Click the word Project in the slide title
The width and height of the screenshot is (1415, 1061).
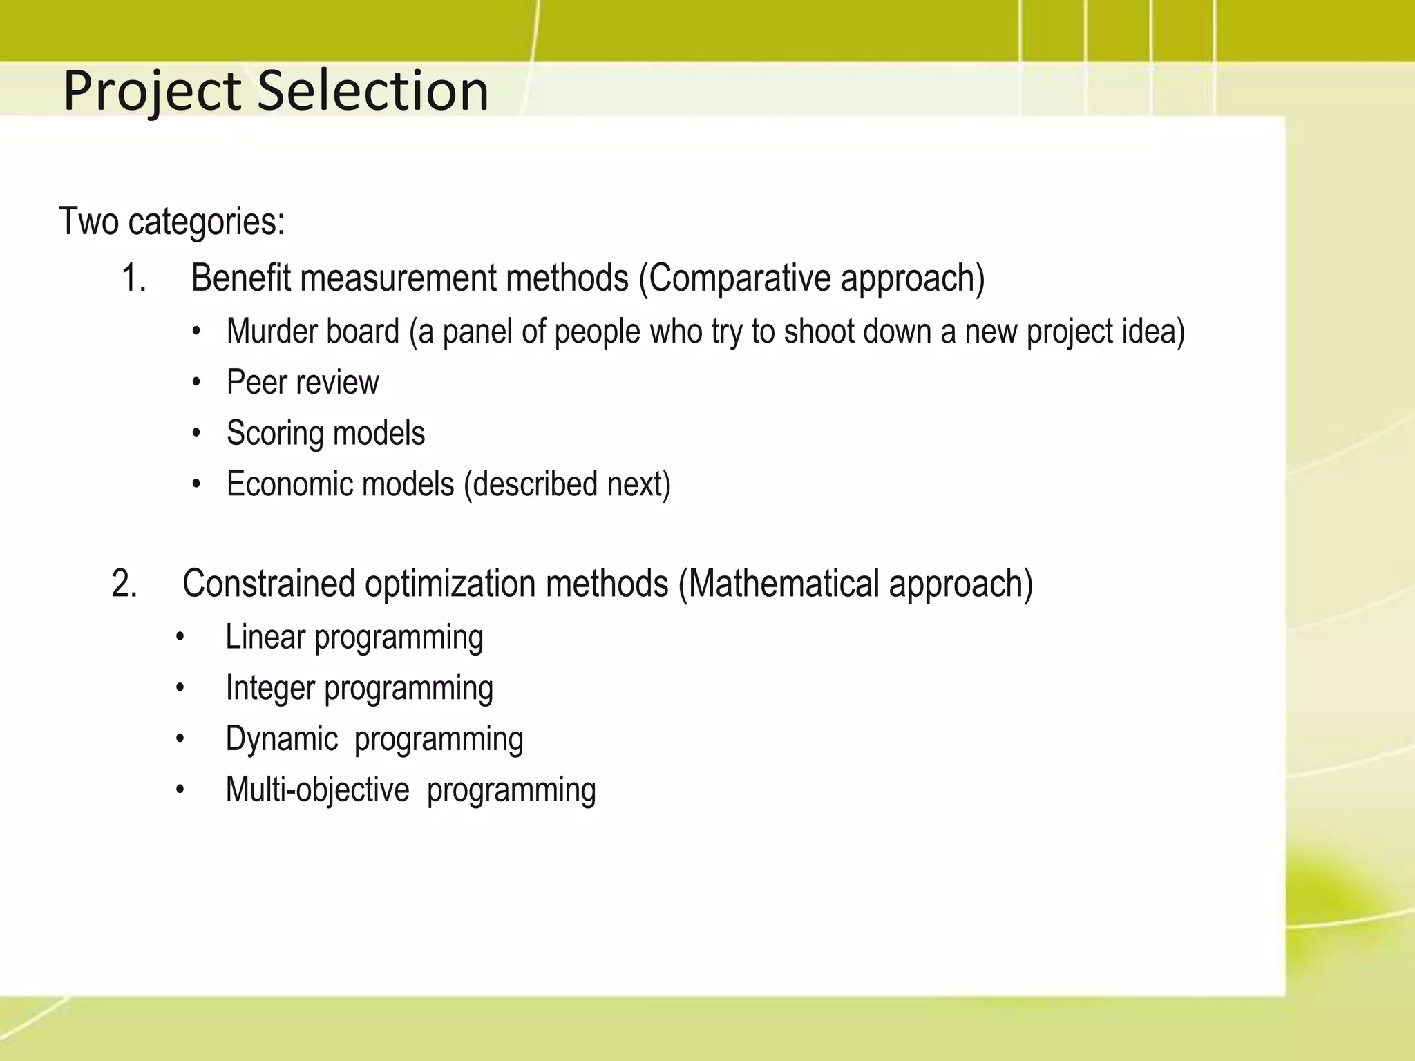[x=152, y=92]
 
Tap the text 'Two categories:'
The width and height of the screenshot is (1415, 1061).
[x=172, y=222]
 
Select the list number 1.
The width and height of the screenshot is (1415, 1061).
[x=133, y=279]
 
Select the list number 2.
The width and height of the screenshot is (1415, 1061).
[x=124, y=584]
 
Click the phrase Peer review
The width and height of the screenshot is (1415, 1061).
[x=303, y=383]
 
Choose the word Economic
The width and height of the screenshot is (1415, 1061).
[x=289, y=484]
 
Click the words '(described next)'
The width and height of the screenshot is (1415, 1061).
[x=567, y=484]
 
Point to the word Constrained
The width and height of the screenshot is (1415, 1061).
[x=269, y=584]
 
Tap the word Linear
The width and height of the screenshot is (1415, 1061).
[x=265, y=637]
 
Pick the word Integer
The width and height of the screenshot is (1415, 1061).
[x=270, y=689]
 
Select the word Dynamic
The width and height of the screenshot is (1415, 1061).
[x=281, y=739]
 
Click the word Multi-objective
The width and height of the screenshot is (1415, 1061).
[x=317, y=790]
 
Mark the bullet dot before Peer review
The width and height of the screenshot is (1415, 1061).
[x=197, y=383]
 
